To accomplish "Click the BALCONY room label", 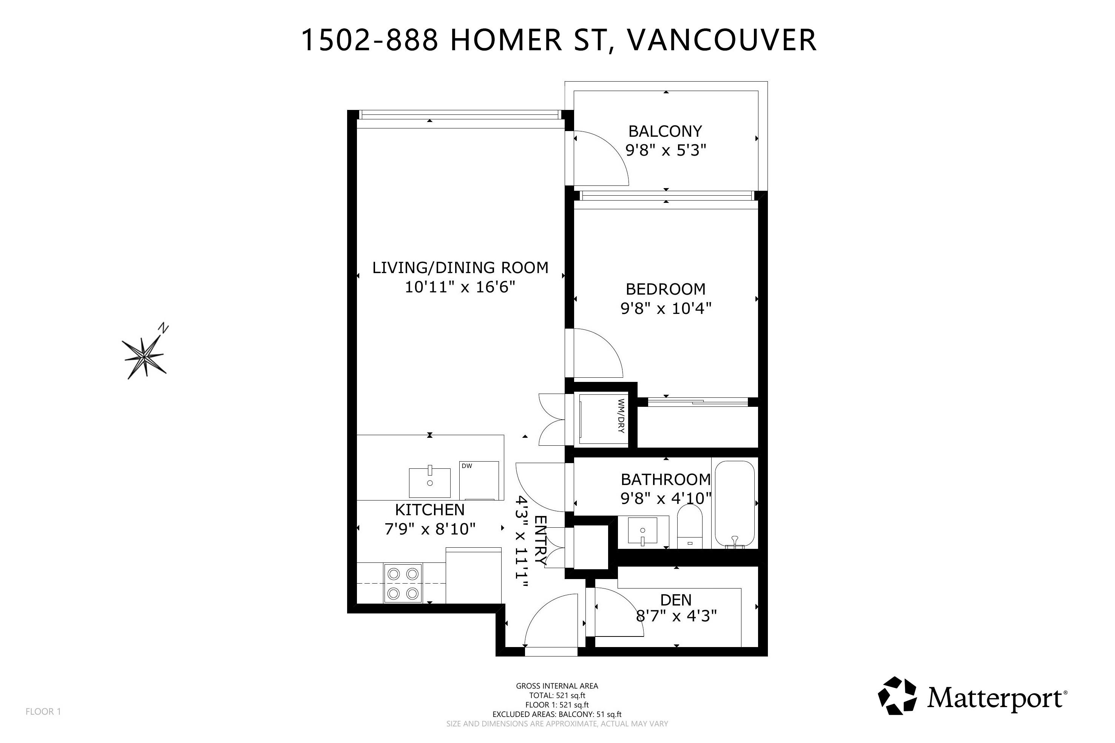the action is (665, 131).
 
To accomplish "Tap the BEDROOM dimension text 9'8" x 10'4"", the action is (666, 309).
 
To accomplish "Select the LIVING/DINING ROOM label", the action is (460, 268).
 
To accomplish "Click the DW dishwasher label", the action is (467, 466).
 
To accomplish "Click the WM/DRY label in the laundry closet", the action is (621, 416).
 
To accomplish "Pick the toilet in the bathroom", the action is (689, 527).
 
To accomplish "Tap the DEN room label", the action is (676, 600).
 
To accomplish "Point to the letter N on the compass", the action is (164, 328).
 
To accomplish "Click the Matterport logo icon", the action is (897, 696).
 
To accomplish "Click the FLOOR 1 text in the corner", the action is (43, 711).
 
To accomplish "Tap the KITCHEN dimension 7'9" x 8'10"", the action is (430, 529).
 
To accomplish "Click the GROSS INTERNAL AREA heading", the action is (557, 686).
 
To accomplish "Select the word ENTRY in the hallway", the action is (541, 539).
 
